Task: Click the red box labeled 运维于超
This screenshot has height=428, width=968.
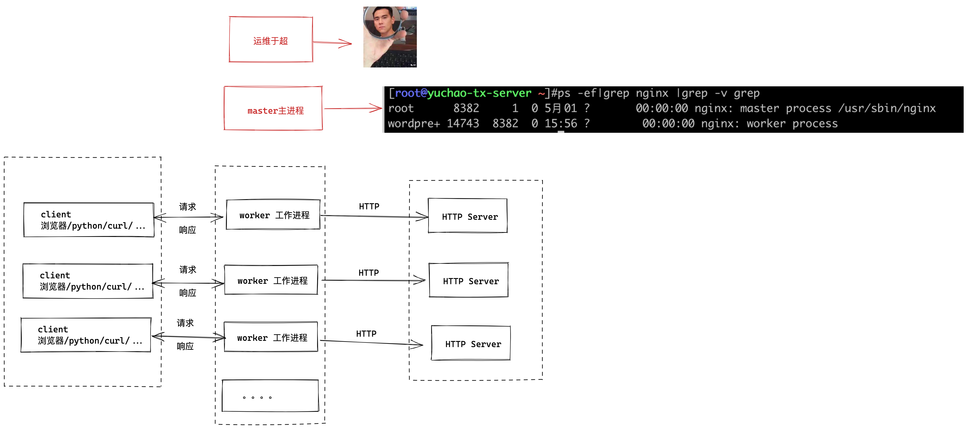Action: pyautogui.click(x=271, y=39)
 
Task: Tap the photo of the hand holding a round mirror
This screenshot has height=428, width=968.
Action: pyautogui.click(x=390, y=37)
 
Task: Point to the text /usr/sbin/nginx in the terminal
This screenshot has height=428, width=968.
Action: pyautogui.click(x=887, y=109)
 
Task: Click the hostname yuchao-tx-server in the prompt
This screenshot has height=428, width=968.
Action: pyautogui.click(x=479, y=93)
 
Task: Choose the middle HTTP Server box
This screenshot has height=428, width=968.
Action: pyautogui.click(x=469, y=280)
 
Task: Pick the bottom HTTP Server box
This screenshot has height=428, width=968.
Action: pyautogui.click(x=471, y=343)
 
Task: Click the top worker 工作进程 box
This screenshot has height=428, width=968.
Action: pyautogui.click(x=273, y=215)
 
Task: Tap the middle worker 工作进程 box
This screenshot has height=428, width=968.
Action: pyautogui.click(x=271, y=280)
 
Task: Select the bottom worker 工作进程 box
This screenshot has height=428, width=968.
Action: pyautogui.click(x=271, y=337)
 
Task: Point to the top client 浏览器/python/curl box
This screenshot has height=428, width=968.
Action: pyautogui.click(x=89, y=220)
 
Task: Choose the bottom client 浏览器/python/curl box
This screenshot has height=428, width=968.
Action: pyautogui.click(x=86, y=335)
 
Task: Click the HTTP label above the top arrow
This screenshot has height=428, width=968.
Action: pyautogui.click(x=369, y=206)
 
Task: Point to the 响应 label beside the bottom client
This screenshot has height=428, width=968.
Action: pyautogui.click(x=185, y=346)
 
